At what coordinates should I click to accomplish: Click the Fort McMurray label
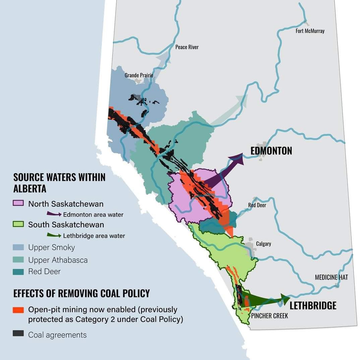click(310, 31)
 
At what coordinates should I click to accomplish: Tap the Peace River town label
click(187, 47)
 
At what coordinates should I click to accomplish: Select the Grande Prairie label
click(139, 75)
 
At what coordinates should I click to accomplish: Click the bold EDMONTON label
click(271, 151)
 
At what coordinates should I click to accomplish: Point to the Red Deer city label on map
click(257, 205)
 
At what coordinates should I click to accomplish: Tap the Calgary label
click(263, 243)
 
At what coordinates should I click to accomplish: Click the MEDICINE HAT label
click(331, 277)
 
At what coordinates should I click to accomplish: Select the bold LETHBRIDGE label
click(313, 305)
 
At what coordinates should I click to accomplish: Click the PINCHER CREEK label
click(269, 316)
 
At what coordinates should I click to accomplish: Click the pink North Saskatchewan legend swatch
click(18, 203)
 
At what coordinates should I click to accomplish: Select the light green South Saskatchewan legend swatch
click(18, 224)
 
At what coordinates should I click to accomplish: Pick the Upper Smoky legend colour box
click(18, 247)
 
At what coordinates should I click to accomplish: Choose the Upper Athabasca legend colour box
click(18, 260)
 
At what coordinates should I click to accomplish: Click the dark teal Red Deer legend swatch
click(18, 272)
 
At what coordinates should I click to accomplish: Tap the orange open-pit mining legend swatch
click(18, 310)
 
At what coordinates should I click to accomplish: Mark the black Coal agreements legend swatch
click(18, 334)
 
